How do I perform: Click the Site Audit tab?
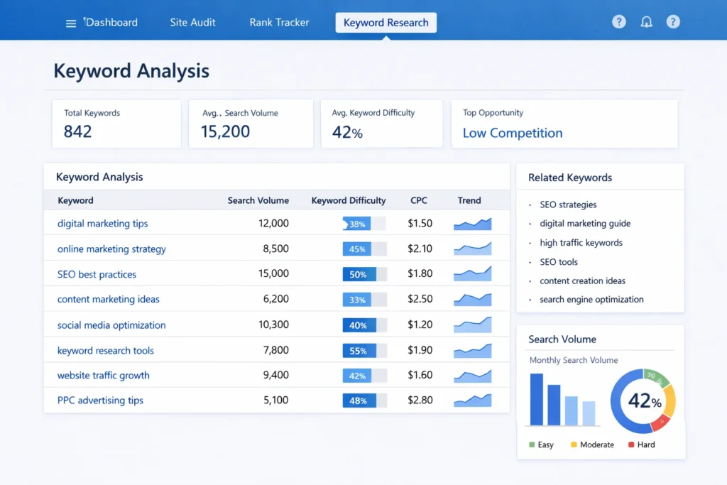[x=192, y=22]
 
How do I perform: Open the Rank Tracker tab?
[x=279, y=22]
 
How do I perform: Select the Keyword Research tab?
[x=386, y=23]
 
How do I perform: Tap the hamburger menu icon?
[x=70, y=23]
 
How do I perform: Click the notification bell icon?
[x=646, y=22]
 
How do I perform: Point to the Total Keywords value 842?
[x=78, y=131]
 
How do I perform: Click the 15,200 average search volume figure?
[x=225, y=131]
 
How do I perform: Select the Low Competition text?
[x=512, y=133]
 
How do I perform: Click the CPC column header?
[x=419, y=200]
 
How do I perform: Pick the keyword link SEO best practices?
[x=97, y=274]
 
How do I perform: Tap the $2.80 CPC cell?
[x=420, y=400]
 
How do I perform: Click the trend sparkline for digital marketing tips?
[x=473, y=224]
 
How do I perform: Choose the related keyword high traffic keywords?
[x=581, y=243]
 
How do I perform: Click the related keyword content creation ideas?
[x=582, y=280]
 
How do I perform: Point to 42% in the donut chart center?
[x=643, y=401]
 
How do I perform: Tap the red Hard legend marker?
[x=630, y=445]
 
